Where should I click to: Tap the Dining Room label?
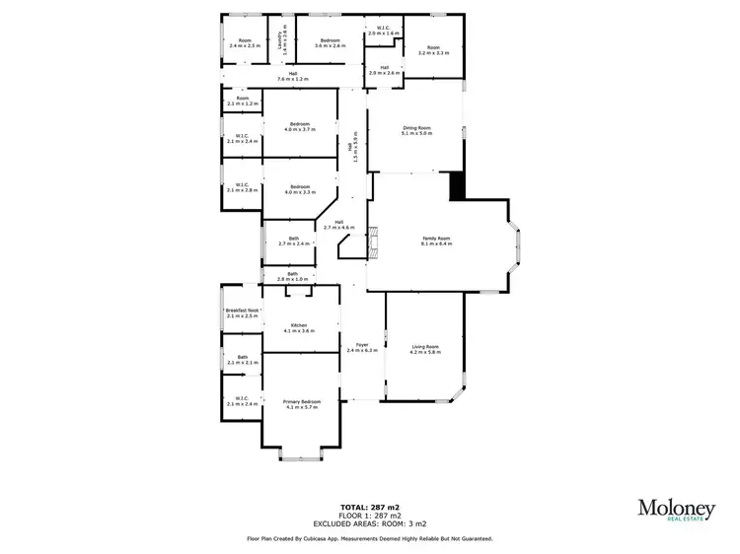[416, 130]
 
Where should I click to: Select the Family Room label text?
[436, 240]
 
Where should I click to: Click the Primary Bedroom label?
[301, 404]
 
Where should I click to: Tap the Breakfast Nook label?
[242, 312]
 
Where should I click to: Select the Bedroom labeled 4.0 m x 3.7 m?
[300, 126]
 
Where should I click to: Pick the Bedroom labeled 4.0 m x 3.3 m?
[300, 189]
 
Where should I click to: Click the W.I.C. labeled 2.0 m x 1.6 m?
[383, 31]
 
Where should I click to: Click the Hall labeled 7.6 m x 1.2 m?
[293, 76]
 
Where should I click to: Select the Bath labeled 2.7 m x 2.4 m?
[294, 240]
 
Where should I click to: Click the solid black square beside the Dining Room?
[457, 186]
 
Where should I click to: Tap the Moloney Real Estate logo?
[676, 511]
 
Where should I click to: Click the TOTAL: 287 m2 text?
[369, 506]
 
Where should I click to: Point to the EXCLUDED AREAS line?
[369, 522]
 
